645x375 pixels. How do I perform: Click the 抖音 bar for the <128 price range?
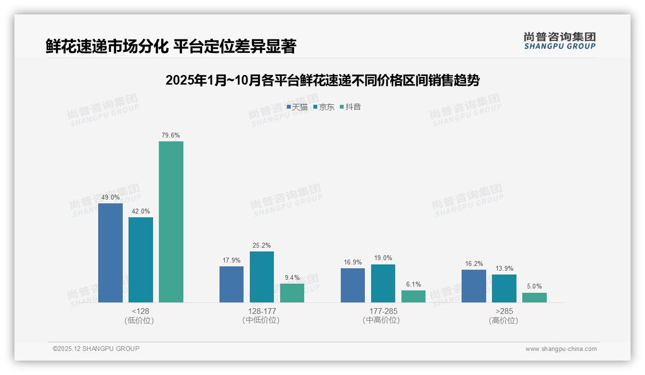(x=171, y=222)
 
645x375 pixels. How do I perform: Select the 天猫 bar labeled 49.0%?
(x=110, y=253)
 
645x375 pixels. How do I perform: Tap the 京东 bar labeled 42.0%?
(x=141, y=260)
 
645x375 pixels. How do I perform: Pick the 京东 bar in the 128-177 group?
(x=261, y=277)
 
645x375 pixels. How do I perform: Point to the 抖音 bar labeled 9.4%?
(x=292, y=293)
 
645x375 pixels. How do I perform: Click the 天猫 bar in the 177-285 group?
(x=352, y=285)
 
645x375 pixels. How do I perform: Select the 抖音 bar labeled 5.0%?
(x=534, y=298)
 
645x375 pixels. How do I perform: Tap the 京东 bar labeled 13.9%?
(x=504, y=288)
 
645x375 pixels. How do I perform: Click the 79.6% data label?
(x=171, y=136)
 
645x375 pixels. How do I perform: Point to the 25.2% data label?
(x=261, y=246)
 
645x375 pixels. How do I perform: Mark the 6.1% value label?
(x=413, y=285)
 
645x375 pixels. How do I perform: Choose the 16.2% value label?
(x=474, y=264)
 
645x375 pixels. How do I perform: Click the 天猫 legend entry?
(x=297, y=107)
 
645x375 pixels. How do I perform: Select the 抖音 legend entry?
(x=350, y=107)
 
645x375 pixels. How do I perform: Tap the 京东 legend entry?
(x=324, y=107)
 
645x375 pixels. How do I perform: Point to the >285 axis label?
(x=503, y=312)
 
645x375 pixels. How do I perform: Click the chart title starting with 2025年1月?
(x=322, y=81)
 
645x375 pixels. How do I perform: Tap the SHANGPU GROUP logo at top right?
(x=559, y=41)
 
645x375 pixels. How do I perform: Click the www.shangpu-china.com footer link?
(x=561, y=349)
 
